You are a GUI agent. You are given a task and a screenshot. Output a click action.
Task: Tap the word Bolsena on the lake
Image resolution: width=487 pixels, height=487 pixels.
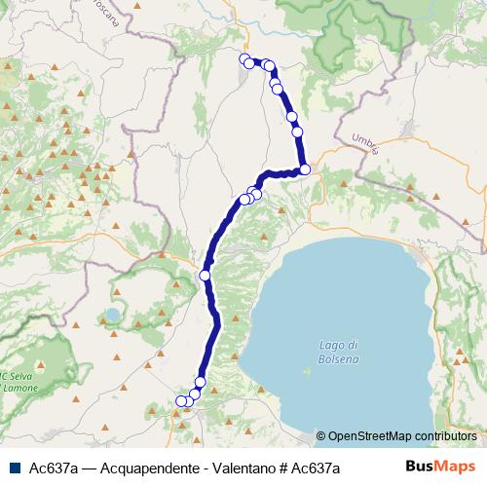pos(339,360)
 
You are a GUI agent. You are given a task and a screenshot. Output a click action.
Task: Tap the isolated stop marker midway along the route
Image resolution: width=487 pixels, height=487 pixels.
pos(206,276)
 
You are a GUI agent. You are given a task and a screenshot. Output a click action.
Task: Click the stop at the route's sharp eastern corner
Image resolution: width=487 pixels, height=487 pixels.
pos(305,169)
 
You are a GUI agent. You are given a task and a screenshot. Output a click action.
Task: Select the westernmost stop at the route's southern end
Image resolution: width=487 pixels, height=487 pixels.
pos(180,400)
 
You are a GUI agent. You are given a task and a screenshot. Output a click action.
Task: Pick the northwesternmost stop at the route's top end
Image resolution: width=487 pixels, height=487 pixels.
pos(243,58)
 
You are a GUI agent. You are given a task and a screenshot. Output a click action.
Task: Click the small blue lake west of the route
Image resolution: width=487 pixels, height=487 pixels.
pos(114,316)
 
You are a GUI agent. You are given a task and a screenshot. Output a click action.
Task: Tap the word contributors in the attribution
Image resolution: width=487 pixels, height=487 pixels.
pos(443,436)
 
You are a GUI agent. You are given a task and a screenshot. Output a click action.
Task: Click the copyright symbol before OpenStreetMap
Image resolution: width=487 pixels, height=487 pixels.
pos(322,436)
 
